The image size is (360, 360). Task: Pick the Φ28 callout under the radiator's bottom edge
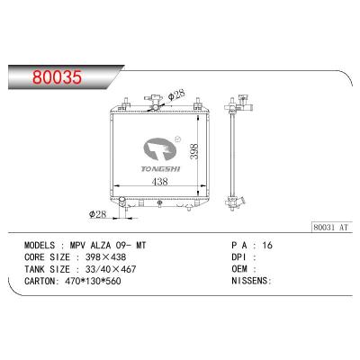(x=101, y=212)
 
